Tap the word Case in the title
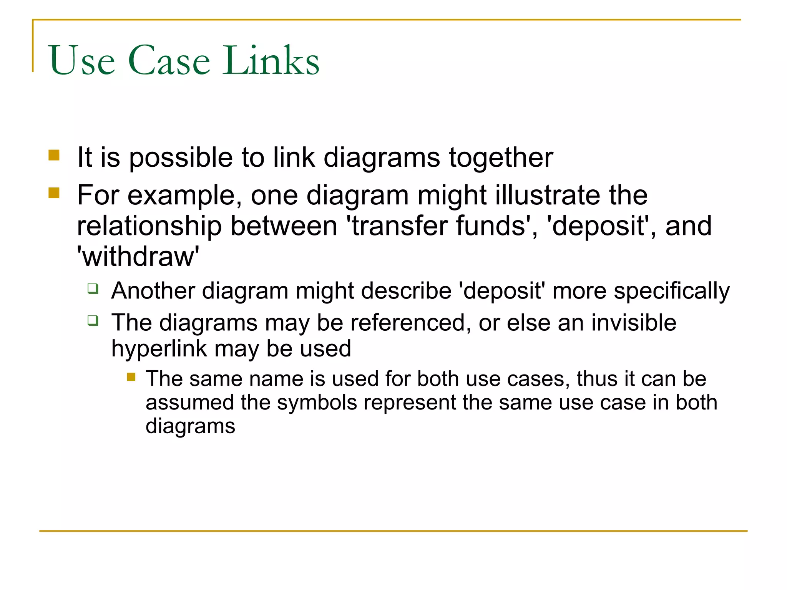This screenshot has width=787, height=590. (169, 61)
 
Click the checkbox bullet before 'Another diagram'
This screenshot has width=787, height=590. (93, 288)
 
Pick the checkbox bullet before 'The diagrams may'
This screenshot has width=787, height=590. (93, 320)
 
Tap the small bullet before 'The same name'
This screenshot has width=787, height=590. (131, 377)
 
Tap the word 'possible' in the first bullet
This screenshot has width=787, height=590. (181, 158)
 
